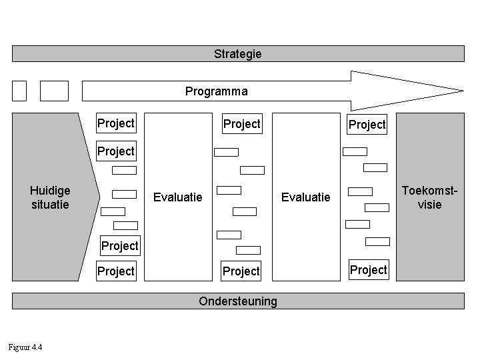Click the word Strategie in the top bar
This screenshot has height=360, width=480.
click(x=238, y=53)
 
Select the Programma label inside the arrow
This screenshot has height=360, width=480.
click(x=216, y=91)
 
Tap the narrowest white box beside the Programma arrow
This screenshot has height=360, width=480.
click(x=19, y=91)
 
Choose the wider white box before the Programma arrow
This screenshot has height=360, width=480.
click(x=54, y=91)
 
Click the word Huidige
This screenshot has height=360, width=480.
click(x=50, y=191)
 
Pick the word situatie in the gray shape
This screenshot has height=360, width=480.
click(x=50, y=205)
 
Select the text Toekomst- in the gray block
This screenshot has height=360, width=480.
click(x=430, y=191)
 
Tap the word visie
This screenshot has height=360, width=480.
click(x=430, y=205)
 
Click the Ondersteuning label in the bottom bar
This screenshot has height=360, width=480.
click(x=238, y=301)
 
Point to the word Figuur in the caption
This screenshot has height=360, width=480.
click(x=18, y=347)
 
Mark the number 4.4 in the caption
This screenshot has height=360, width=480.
click(x=37, y=347)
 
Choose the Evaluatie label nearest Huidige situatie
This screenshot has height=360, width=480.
click(x=178, y=197)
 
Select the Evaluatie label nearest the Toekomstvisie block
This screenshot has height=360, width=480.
click(x=305, y=197)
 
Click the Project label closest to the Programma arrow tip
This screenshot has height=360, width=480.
click(x=367, y=125)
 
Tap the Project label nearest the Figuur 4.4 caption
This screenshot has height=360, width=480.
click(x=116, y=271)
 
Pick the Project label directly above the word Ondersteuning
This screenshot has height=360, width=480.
click(x=241, y=271)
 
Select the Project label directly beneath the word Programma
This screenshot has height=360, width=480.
click(x=241, y=124)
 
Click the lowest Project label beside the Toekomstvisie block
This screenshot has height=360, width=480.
click(x=369, y=270)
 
